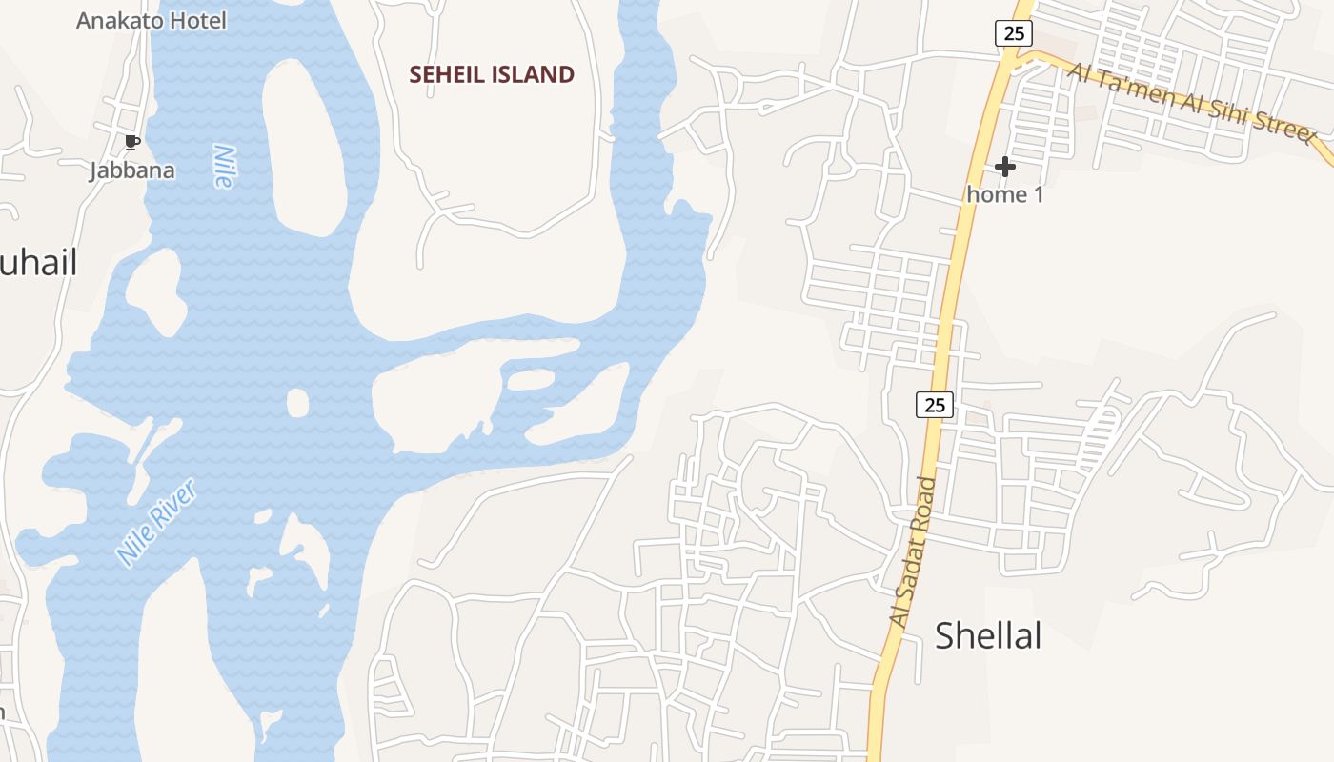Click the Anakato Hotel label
point(152,20)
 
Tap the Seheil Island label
point(492,74)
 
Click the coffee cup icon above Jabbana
point(132,143)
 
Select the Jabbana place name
point(132,170)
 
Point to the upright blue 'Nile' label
point(224,166)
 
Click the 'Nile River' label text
point(156,523)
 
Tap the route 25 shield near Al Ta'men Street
point(1014,33)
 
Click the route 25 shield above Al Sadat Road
point(935,405)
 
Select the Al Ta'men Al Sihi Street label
point(1190,101)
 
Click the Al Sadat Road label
point(912,551)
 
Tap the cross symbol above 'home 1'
point(1004,168)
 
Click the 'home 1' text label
point(1004,194)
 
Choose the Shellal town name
point(988,635)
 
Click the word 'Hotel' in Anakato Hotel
point(195,20)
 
